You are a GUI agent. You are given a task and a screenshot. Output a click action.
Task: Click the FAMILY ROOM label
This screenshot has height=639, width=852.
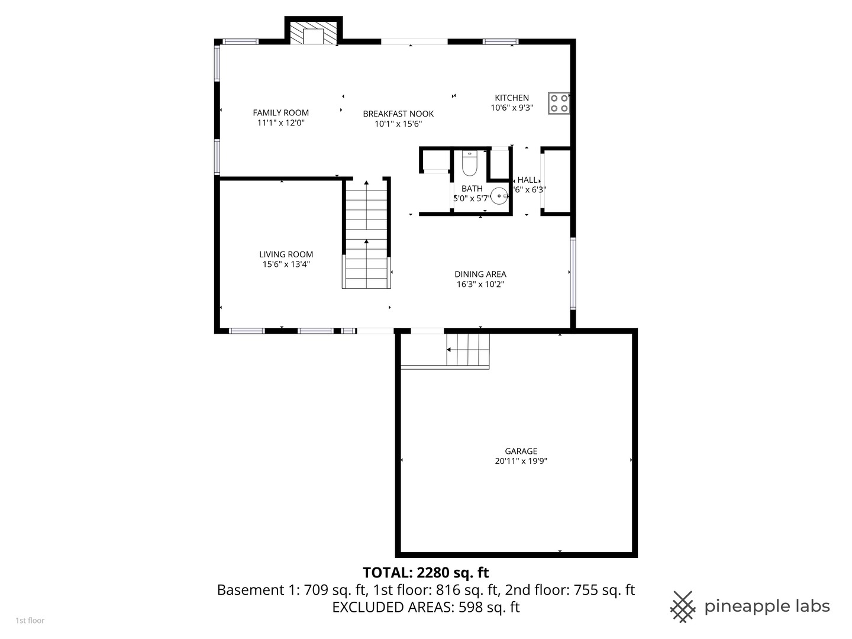point(280,113)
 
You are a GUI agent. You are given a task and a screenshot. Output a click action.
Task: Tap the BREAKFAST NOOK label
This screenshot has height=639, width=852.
point(398,114)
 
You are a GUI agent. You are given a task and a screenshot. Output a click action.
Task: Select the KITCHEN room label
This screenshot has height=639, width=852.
point(512,98)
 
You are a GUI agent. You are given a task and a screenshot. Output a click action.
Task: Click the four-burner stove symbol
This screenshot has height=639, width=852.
point(559,103)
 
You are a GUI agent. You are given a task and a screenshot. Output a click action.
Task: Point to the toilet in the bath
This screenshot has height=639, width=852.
point(470,163)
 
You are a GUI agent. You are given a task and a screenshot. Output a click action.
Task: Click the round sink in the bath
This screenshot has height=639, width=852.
point(499,196)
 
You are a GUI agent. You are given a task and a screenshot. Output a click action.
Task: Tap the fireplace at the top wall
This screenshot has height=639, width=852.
point(314,33)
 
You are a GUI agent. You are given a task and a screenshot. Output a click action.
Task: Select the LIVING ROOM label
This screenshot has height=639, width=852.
point(286,254)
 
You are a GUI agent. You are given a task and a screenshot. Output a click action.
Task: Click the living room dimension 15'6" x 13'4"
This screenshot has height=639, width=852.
point(286,264)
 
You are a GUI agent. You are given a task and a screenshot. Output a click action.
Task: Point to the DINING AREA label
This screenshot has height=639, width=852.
point(480,275)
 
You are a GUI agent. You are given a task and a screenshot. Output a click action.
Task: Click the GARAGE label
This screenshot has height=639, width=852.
point(521,451)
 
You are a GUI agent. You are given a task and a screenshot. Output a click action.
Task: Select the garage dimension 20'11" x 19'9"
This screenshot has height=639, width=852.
point(521,461)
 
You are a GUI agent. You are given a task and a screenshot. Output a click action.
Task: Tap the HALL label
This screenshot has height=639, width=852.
point(527,180)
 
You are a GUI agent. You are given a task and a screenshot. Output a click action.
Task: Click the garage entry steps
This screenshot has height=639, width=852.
point(468,350)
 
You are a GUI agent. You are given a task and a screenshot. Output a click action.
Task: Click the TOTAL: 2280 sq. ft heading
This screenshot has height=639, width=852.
point(426,573)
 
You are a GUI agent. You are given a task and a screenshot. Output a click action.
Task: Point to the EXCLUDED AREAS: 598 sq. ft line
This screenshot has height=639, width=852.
point(426,607)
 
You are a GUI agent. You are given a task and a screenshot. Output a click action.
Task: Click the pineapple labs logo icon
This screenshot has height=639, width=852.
point(683,607)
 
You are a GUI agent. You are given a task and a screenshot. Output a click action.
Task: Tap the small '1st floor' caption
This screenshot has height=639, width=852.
point(30,621)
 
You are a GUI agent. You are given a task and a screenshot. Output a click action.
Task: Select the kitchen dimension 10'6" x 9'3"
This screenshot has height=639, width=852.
point(512,108)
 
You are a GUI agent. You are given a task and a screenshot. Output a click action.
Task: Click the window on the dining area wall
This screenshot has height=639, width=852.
point(573,273)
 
